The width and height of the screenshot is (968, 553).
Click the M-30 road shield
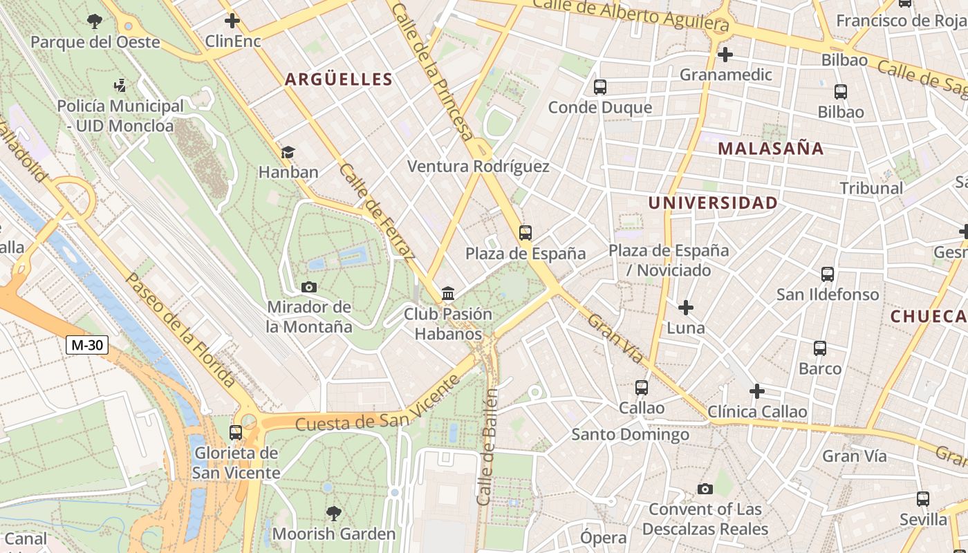click(87, 344)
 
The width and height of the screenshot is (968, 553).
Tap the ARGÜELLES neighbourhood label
click(339, 79)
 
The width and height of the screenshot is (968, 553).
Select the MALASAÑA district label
click(770, 149)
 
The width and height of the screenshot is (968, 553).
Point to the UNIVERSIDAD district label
click(713, 203)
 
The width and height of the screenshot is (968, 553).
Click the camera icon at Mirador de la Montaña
click(309, 287)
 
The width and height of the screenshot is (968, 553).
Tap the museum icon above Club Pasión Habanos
click(448, 294)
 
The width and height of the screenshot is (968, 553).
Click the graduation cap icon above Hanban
click(288, 152)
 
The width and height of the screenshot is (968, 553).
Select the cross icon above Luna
click(685, 308)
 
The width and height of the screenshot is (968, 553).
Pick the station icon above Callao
click(642, 388)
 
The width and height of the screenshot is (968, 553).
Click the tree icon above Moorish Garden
click(334, 513)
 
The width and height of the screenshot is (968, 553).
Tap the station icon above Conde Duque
click(599, 87)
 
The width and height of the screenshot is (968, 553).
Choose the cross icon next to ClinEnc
click(232, 21)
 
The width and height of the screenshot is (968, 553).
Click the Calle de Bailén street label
click(487, 447)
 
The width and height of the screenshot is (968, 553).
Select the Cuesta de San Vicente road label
click(377, 404)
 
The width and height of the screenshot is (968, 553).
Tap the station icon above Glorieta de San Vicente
click(236, 433)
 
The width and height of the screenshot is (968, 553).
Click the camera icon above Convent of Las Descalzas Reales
click(705, 489)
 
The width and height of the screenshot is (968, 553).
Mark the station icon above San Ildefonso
click(828, 274)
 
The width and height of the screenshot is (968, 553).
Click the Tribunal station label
click(871, 188)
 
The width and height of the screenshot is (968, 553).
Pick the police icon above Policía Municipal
click(120, 86)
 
